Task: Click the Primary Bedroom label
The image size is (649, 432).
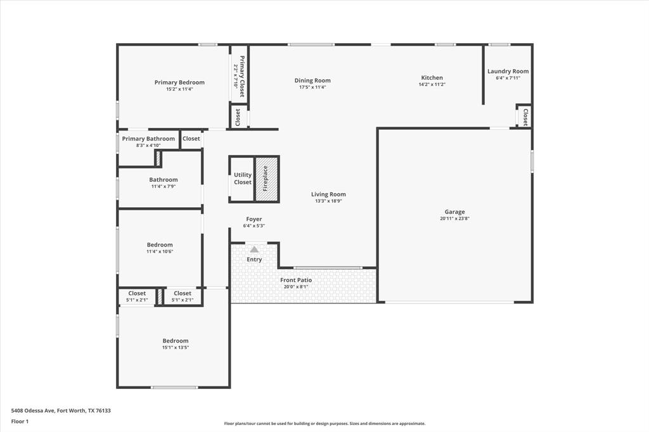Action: pyautogui.click(x=179, y=82)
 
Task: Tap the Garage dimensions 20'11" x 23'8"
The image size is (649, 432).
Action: pyautogui.click(x=454, y=219)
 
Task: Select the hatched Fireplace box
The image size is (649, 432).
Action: pyautogui.click(x=267, y=179)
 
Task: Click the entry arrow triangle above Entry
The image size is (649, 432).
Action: pyautogui.click(x=254, y=250)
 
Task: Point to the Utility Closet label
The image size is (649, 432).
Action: pyautogui.click(x=243, y=179)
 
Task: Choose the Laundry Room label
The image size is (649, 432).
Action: pyautogui.click(x=508, y=72)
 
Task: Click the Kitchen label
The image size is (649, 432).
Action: pyautogui.click(x=432, y=78)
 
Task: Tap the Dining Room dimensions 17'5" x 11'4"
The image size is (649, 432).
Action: pyautogui.click(x=312, y=87)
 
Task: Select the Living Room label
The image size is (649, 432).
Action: pyautogui.click(x=328, y=194)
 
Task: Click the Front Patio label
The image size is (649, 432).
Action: pyautogui.click(x=296, y=280)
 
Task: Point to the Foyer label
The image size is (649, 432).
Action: pyautogui.click(x=254, y=219)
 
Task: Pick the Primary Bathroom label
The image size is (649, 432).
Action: pyautogui.click(x=148, y=139)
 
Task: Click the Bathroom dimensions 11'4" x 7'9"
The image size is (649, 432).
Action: pyautogui.click(x=164, y=186)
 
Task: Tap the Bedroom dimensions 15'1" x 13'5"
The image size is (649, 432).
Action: pyautogui.click(x=175, y=347)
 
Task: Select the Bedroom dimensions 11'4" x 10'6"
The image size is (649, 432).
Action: pyautogui.click(x=160, y=251)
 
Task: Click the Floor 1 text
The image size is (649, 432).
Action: pyautogui.click(x=20, y=421)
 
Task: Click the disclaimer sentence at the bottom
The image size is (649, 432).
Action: pyautogui.click(x=324, y=424)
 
